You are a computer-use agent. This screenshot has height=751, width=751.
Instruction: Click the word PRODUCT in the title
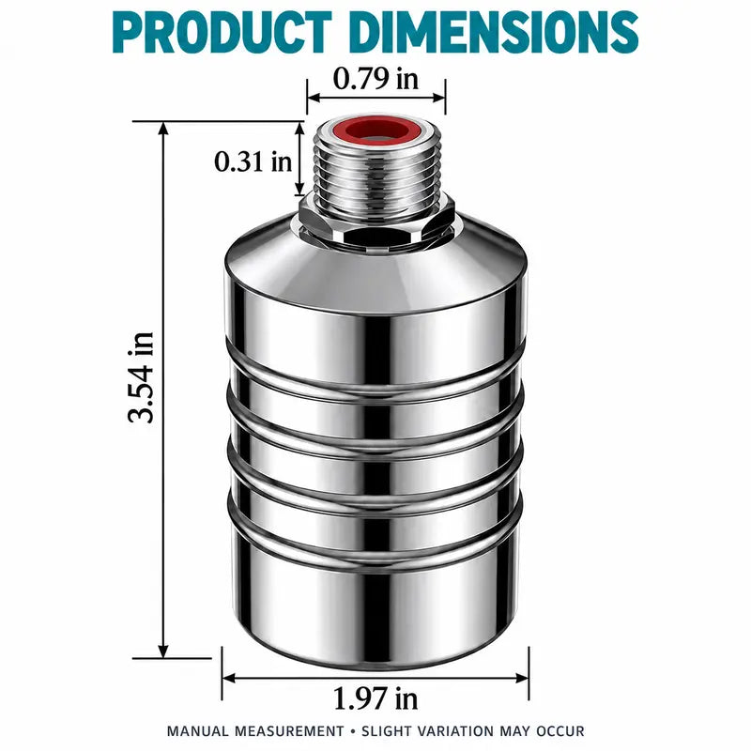coord(222,32)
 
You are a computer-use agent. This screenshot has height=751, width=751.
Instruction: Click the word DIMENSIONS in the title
coord(495,32)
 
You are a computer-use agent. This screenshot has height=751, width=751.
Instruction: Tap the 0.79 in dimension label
coord(375,79)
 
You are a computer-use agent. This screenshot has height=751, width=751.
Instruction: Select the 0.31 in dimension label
coord(253,161)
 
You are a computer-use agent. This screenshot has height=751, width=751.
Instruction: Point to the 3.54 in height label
coord(141,377)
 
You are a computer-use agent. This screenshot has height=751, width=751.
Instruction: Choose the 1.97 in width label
coord(375,697)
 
